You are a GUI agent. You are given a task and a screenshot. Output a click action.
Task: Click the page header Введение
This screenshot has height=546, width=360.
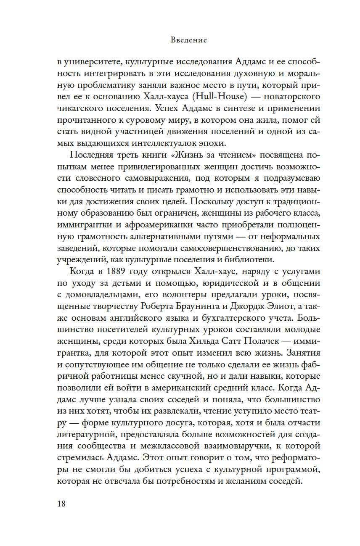point(189,40)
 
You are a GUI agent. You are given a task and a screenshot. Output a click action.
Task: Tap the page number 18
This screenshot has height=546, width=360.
point(61,504)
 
